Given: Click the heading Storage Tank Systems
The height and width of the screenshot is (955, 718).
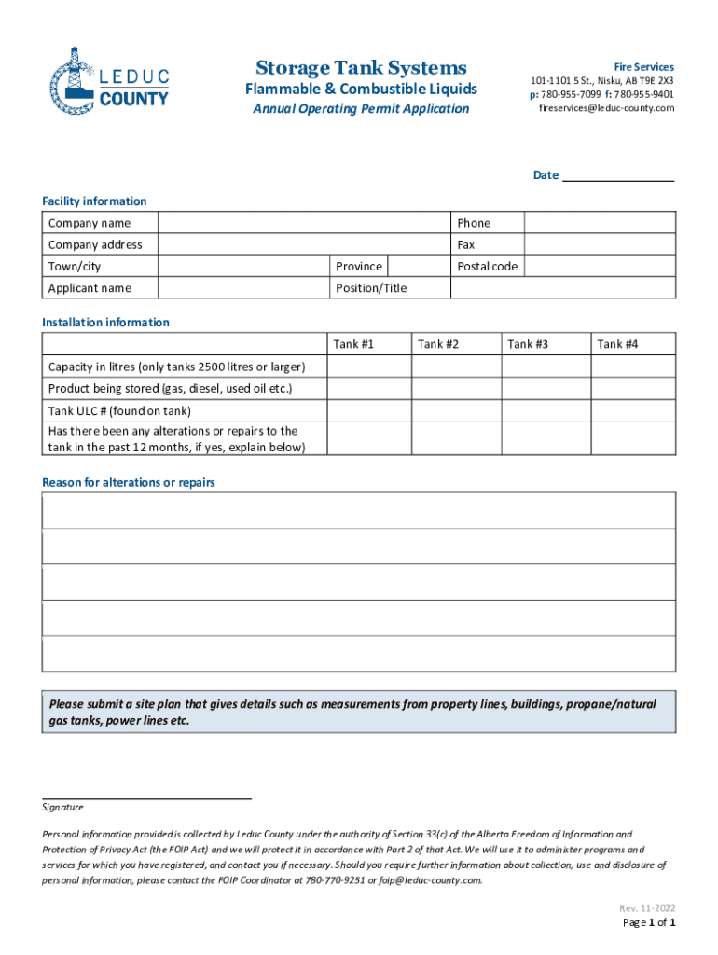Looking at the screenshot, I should coord(361,68).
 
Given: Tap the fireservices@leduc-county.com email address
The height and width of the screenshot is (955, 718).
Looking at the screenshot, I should coord(606,108).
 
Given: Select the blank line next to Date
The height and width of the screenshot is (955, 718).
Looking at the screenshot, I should coord(618,175).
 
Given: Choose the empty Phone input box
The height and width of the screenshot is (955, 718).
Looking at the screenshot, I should coord(600,223).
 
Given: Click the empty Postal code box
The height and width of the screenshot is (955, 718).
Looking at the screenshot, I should coord(600,266).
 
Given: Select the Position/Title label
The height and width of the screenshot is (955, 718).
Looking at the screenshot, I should coord(371,288).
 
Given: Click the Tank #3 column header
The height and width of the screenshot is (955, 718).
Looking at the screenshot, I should coord(528,344).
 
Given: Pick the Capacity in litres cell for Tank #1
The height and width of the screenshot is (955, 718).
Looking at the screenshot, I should coord(368,367).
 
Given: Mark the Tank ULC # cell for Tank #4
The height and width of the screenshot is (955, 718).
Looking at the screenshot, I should coord(633,410).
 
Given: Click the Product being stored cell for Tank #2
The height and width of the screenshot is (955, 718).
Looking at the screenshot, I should coord(456,388).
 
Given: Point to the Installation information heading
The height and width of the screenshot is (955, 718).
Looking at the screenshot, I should coord(105,323).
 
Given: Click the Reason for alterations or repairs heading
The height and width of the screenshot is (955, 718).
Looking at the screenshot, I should coord(129,482).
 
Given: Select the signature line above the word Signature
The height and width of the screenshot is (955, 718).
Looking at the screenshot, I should coord(147,797).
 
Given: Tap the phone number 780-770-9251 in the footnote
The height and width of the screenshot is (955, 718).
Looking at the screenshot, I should coord(337,879).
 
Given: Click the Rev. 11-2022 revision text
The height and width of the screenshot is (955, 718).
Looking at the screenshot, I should coord(647,908).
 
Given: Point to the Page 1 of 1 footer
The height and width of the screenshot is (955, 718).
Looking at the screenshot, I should coord(648,923).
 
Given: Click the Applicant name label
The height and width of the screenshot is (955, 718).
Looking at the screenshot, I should coord(90,288).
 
